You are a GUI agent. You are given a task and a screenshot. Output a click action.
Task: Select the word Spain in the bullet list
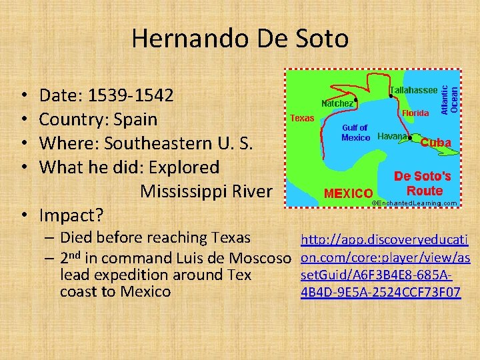pyautogui.click(x=137, y=119)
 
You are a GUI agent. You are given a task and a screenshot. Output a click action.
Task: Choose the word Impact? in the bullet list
pyautogui.click(x=71, y=215)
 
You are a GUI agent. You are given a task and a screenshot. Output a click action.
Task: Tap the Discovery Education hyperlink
pyautogui.click(x=385, y=265)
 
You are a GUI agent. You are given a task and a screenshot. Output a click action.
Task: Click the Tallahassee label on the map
pyautogui.click(x=413, y=90)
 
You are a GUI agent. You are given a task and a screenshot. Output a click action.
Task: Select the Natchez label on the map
pyautogui.click(x=338, y=103)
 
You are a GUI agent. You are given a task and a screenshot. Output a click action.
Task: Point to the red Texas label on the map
pyautogui.click(x=302, y=118)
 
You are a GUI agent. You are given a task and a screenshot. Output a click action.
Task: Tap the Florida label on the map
pyautogui.click(x=415, y=113)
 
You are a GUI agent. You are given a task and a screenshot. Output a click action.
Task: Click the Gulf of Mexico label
pyautogui.click(x=355, y=133)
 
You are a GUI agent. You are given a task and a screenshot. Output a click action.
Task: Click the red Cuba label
pyautogui.click(x=435, y=142)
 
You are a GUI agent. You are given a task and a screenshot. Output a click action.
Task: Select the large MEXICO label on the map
pyautogui.click(x=348, y=193)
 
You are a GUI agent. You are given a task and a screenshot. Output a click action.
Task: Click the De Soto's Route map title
pyautogui.click(x=423, y=183)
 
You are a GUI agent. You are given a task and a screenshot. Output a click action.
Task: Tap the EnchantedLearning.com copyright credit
pyautogui.click(x=414, y=202)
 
